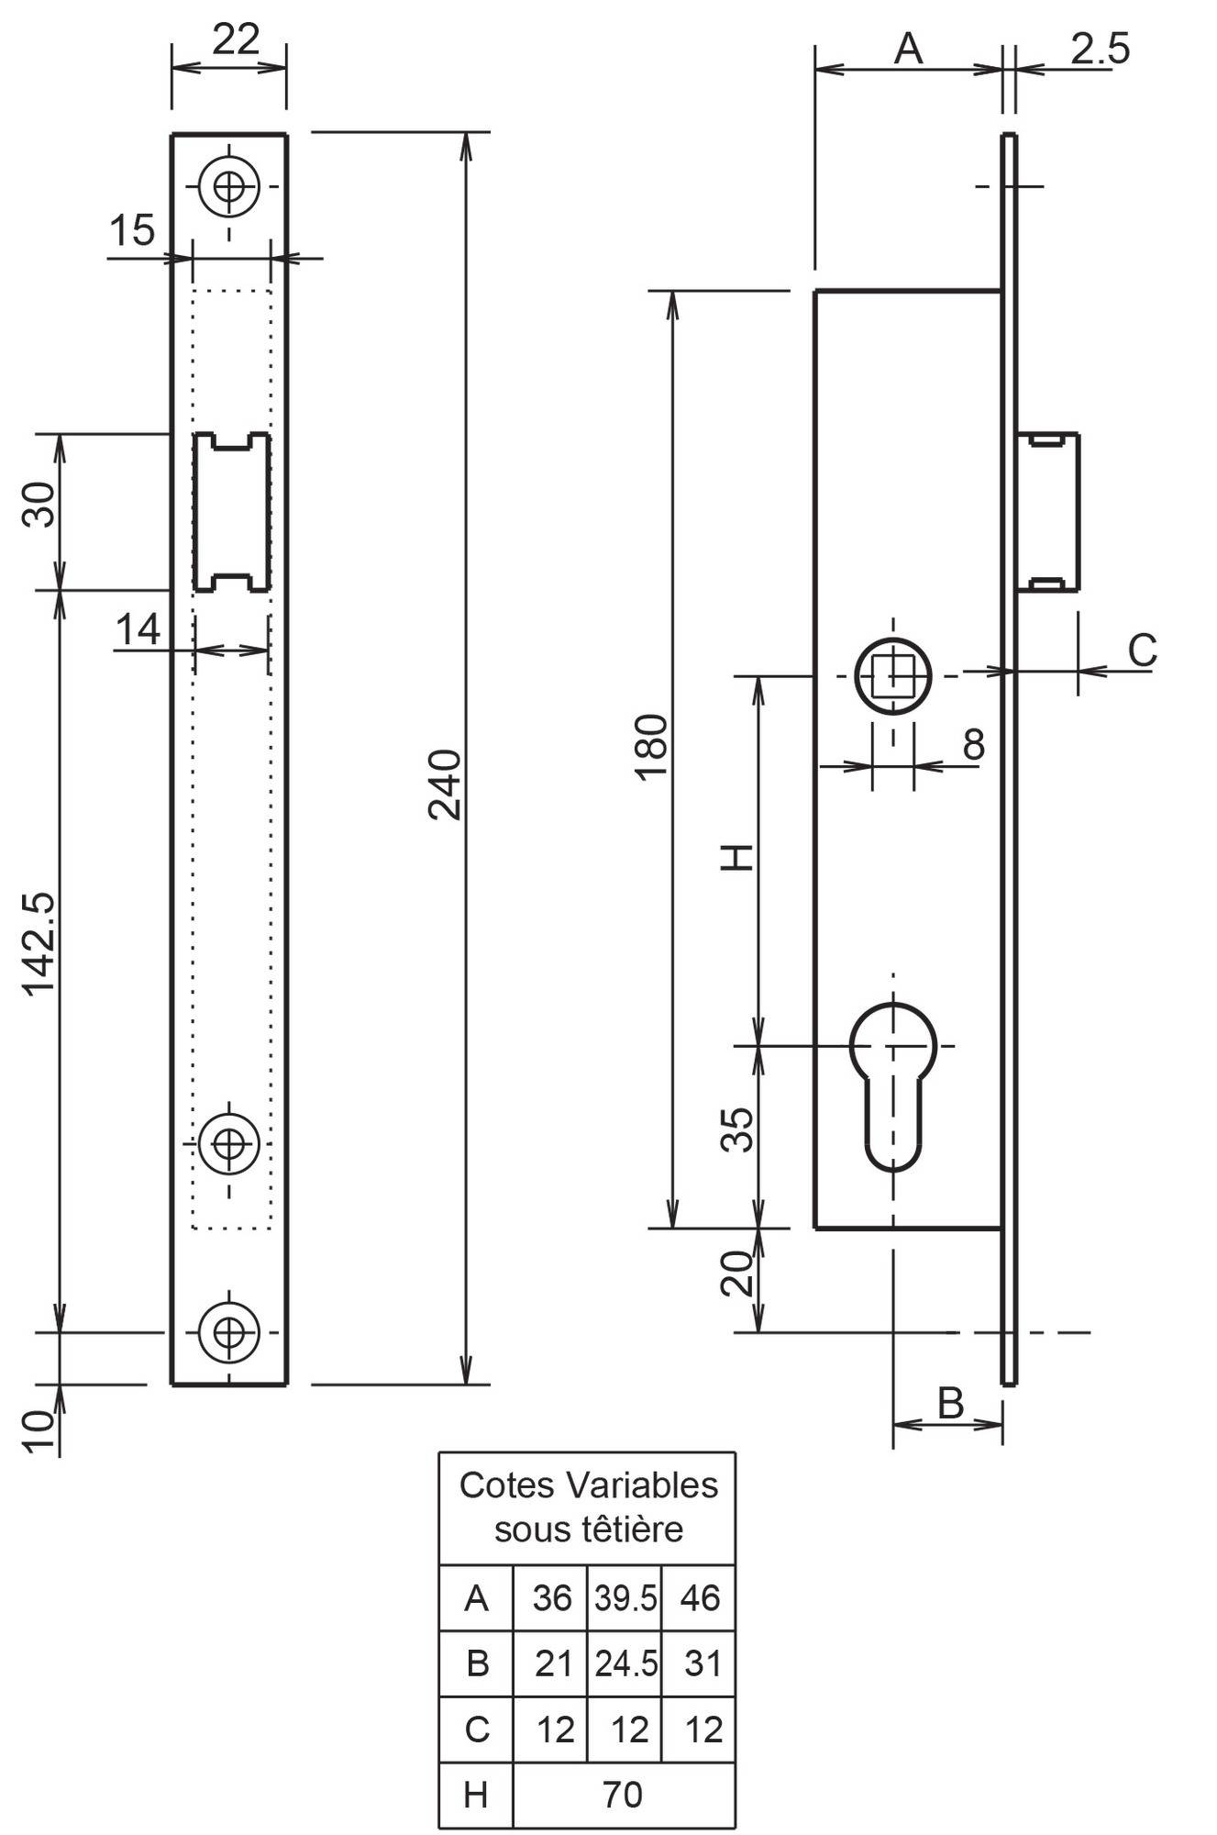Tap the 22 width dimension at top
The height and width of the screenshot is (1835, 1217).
pyautogui.click(x=236, y=39)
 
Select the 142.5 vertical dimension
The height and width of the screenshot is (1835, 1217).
pyautogui.click(x=39, y=943)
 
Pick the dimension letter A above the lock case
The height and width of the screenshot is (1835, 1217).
pyautogui.click(x=908, y=48)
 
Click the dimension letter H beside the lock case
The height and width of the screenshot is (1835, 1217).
pyautogui.click(x=737, y=857)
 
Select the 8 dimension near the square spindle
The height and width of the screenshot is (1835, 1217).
pyautogui.click(x=974, y=744)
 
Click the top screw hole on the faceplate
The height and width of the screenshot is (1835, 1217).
pyautogui.click(x=228, y=186)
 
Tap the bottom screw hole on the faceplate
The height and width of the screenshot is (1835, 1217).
pyautogui.click(x=228, y=1331)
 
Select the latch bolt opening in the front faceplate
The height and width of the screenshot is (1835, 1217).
pyautogui.click(x=230, y=512)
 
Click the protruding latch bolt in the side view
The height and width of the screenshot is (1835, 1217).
pyautogui.click(x=1047, y=512)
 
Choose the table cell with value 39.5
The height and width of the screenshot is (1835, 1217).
pyautogui.click(x=625, y=1597)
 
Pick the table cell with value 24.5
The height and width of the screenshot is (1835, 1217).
pyautogui.click(x=625, y=1663)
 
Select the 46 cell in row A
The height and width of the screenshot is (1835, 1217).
pyautogui.click(x=699, y=1597)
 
